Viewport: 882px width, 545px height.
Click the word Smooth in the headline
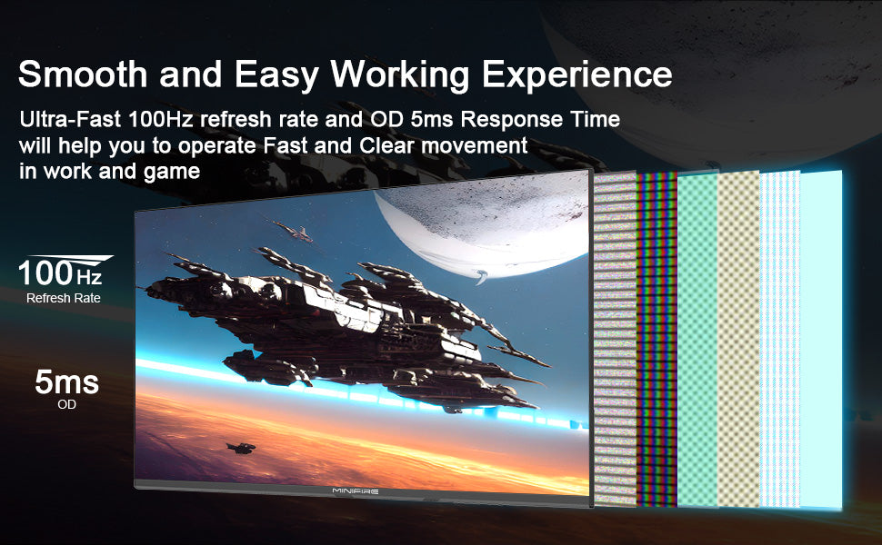coord(83,74)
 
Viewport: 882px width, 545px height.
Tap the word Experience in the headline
coord(577,74)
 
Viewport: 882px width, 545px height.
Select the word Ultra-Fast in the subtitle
coord(70,119)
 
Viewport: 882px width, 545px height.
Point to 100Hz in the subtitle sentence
coord(161,119)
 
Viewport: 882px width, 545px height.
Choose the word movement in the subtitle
coord(475,145)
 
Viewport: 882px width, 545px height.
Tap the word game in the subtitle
coord(172,172)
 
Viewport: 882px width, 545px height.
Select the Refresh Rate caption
coord(64,298)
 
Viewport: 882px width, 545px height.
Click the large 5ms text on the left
coord(66,382)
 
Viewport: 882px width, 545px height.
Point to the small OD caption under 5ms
coord(66,404)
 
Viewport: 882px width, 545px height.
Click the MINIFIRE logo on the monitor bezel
coord(356,491)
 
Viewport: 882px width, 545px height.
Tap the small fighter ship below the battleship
coord(241,448)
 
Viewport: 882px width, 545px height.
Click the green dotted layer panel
coord(697,340)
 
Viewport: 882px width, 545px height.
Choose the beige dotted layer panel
coord(739,340)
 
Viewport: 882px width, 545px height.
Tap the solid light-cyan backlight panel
coord(821,340)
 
